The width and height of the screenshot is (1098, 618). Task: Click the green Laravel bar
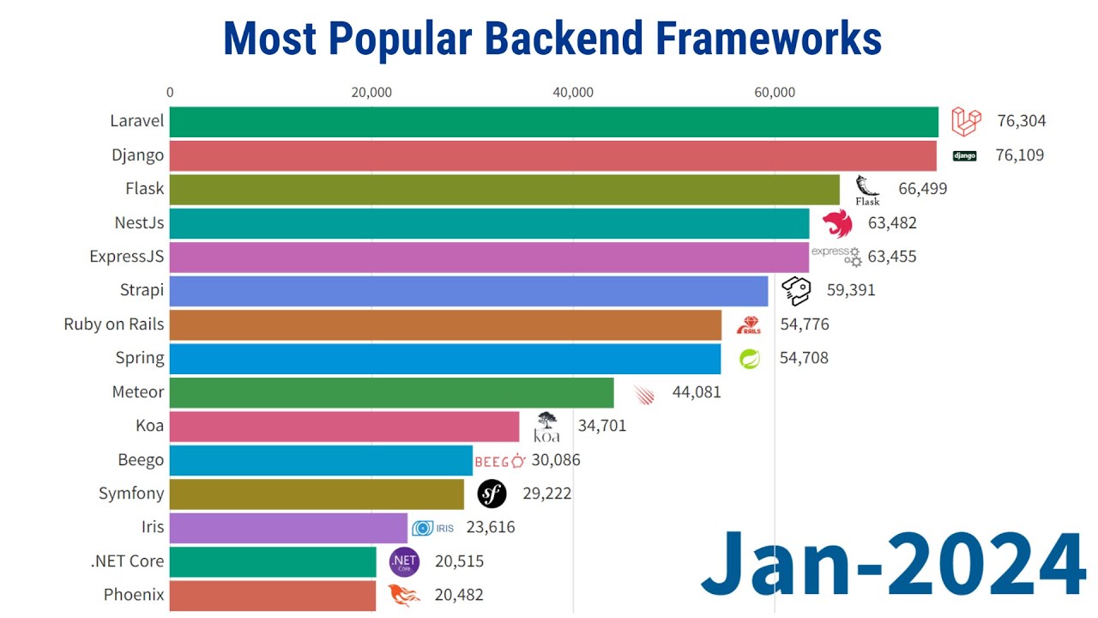[553, 122]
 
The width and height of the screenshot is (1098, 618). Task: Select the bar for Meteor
[391, 392]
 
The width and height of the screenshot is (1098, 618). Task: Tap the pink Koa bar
[344, 426]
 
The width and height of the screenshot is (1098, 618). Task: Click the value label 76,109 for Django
[1020, 155]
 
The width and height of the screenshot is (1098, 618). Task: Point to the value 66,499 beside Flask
[922, 189]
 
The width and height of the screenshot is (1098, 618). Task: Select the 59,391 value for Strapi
[850, 290]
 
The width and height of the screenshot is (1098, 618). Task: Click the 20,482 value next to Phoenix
[459, 595]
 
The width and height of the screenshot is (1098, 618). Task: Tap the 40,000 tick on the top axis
[573, 93]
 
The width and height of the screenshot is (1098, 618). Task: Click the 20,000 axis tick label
[371, 93]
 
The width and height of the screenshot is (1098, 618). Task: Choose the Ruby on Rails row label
[113, 324]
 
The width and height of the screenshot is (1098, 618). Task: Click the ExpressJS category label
[126, 257]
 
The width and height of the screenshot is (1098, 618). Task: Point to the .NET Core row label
[127, 561]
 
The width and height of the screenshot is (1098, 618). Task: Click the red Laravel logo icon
[965, 122]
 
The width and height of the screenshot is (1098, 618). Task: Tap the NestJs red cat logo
[837, 223]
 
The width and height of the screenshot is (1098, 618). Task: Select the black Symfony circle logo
[492, 494]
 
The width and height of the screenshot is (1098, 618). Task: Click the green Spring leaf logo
[750, 358]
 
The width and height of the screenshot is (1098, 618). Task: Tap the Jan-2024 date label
[892, 564]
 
